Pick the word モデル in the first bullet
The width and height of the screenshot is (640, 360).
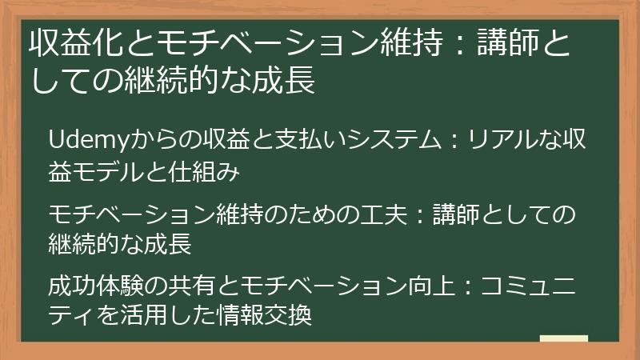click(x=106, y=171)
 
